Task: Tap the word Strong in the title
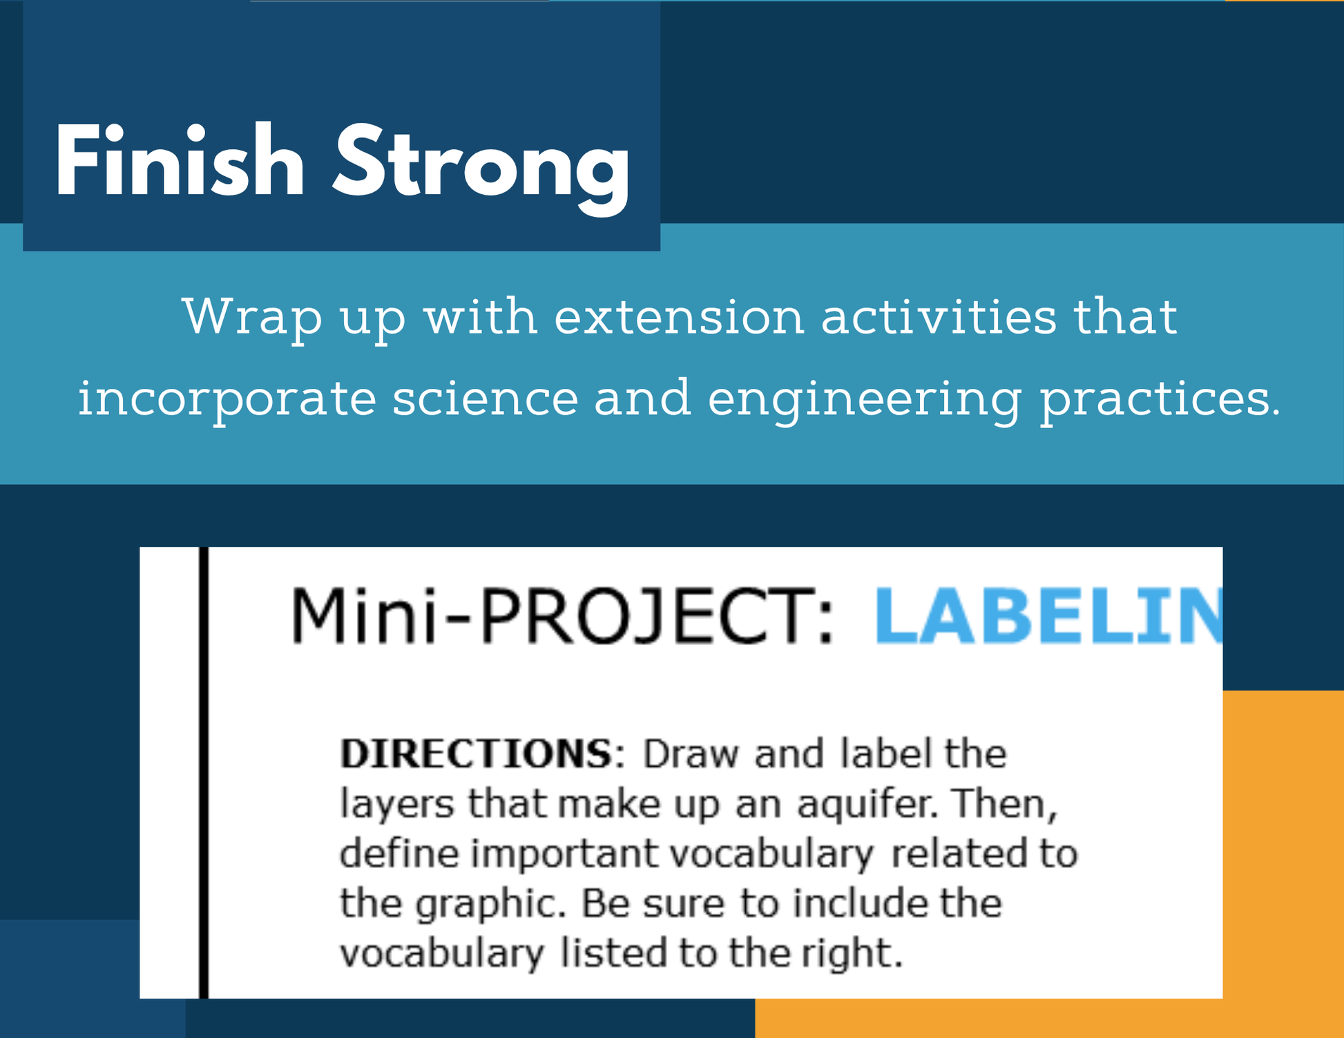pos(481,169)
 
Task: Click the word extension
pos(679,316)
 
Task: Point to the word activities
pos(939,316)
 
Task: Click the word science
pos(485,398)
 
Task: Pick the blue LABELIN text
pos(1048,615)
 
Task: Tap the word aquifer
pos(867,805)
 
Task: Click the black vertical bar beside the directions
pos(204,772)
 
